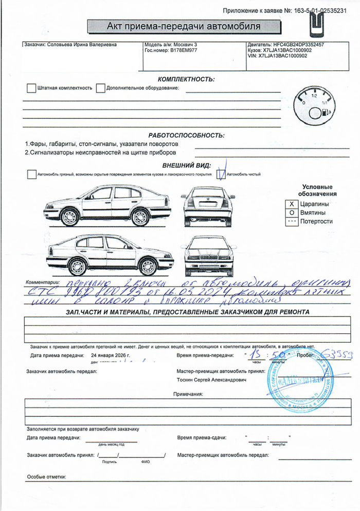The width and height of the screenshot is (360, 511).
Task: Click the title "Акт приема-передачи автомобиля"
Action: point(183,26)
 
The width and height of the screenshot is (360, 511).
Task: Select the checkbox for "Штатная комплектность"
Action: point(31,88)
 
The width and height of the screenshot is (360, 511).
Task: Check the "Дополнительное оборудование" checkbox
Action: point(100,88)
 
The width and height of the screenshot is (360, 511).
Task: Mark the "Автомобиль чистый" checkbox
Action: point(221,174)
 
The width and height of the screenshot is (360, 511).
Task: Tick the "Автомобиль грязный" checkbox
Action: point(31,174)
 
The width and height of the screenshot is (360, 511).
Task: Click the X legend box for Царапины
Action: point(292,204)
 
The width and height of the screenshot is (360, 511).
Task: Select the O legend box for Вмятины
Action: point(292,213)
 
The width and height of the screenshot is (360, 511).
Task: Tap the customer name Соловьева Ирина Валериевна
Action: point(81,45)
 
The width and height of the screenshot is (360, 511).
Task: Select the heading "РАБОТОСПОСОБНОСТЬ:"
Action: point(186,135)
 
